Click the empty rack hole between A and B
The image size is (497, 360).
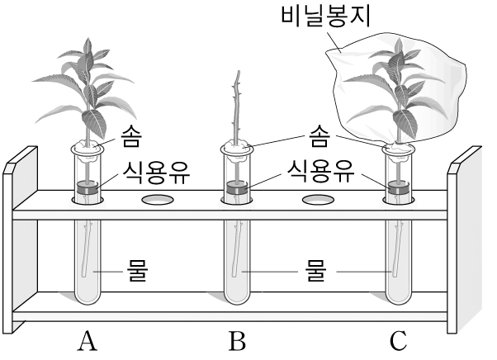[x=158, y=200]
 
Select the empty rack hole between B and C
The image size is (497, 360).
[x=318, y=200]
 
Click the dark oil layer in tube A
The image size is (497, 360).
[x=85, y=187]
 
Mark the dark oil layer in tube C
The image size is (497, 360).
[x=400, y=188]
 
